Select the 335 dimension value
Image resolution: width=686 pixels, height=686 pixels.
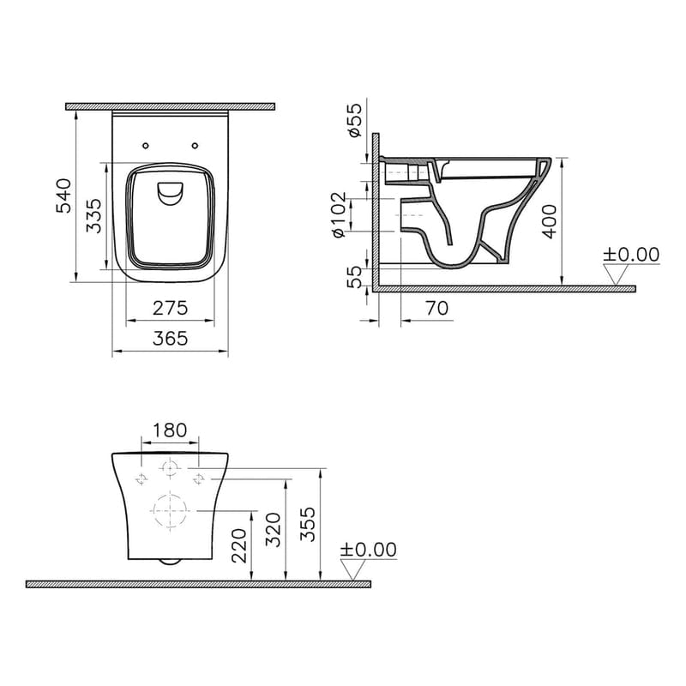pos(96,216)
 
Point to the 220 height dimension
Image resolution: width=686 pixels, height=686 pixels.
pos(240,545)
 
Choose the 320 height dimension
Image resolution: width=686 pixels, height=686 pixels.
pos(274,529)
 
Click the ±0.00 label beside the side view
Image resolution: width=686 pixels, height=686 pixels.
pos(631,255)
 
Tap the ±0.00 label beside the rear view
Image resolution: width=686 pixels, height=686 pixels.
pos(369,550)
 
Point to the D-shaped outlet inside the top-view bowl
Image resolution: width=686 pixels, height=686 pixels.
pos(170,194)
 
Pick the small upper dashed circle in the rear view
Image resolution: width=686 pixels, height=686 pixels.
pos(170,467)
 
